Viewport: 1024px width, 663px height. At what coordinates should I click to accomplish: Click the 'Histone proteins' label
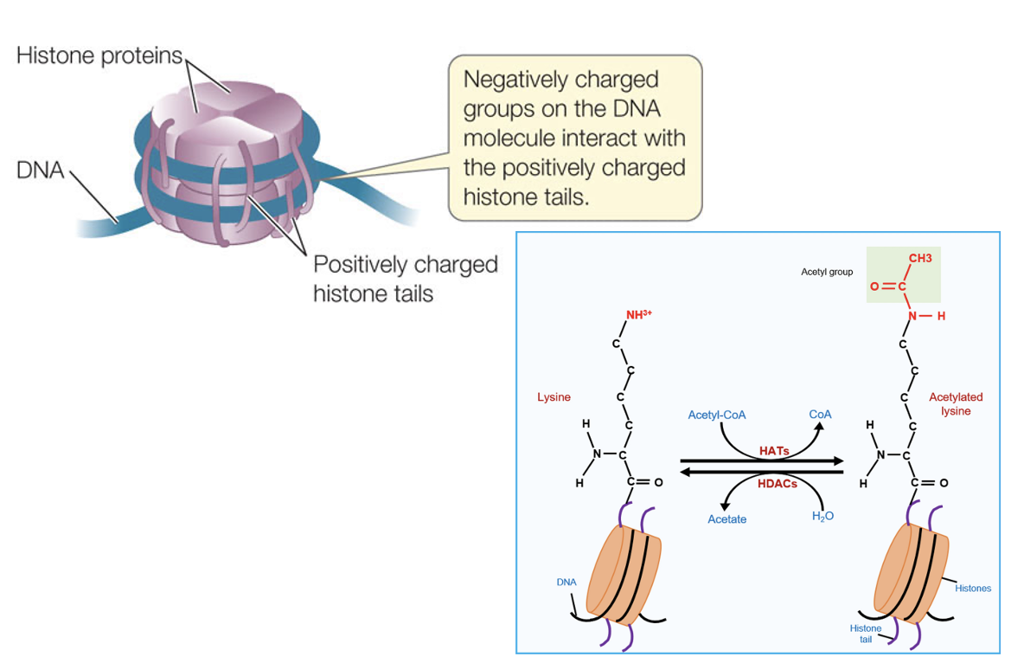coord(99,55)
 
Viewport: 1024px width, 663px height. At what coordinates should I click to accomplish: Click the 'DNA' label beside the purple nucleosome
coord(41,170)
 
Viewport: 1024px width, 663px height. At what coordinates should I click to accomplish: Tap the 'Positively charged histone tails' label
coord(405,279)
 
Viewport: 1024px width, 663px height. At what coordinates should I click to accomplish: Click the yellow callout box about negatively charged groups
coord(574,138)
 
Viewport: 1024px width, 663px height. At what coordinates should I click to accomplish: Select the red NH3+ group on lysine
coord(638,314)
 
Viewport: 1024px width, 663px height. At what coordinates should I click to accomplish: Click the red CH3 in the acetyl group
coord(920,258)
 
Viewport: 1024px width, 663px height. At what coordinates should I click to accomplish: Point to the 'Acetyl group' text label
coord(827,272)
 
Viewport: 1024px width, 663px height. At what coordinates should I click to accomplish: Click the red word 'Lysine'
coord(554,397)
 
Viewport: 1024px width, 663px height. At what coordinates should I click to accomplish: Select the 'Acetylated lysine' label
coord(956,404)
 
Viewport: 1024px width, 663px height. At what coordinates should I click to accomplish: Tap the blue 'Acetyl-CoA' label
coord(716,415)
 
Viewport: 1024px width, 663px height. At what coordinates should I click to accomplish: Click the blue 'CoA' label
coord(820,415)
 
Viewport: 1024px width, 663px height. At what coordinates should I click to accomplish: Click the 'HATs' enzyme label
coord(774,451)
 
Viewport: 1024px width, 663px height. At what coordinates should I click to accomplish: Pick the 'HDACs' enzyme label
coord(778,484)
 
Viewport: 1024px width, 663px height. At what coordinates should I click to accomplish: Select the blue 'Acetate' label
coord(726,519)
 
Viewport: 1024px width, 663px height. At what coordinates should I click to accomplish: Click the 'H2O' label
coord(822,517)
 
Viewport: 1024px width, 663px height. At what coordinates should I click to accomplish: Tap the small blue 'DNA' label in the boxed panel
coord(566,582)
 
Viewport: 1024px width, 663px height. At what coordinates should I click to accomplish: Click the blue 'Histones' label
coord(972,589)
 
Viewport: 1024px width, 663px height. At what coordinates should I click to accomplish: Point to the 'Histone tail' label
coord(866,634)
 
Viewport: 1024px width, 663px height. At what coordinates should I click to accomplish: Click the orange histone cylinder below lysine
coord(624,575)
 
